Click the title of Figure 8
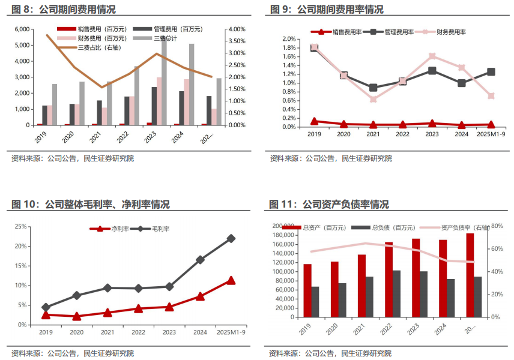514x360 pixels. (x=64, y=10)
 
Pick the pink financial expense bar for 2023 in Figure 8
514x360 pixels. (x=159, y=101)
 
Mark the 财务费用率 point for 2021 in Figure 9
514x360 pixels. (x=373, y=99)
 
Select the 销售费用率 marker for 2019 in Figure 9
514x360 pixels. (x=314, y=121)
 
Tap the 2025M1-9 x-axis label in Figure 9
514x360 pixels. (x=491, y=134)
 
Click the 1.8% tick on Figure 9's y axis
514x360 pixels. (x=288, y=47)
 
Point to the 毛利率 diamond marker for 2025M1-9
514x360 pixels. (x=231, y=238)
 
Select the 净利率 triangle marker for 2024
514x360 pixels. (x=200, y=296)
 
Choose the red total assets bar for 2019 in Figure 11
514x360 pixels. (x=307, y=290)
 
